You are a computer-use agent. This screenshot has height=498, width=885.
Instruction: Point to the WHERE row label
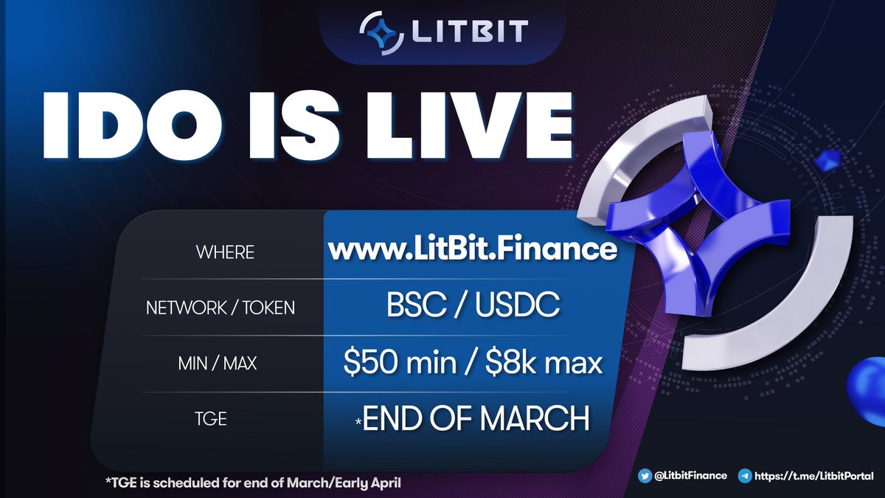[225, 252]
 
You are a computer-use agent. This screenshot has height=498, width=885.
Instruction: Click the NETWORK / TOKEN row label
[221, 308]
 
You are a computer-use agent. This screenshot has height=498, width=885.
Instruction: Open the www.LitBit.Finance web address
[472, 249]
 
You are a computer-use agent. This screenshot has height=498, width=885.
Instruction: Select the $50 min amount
[392, 363]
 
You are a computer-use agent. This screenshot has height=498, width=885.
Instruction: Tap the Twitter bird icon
[645, 476]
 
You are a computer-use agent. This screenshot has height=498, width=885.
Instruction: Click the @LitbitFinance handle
[692, 476]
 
